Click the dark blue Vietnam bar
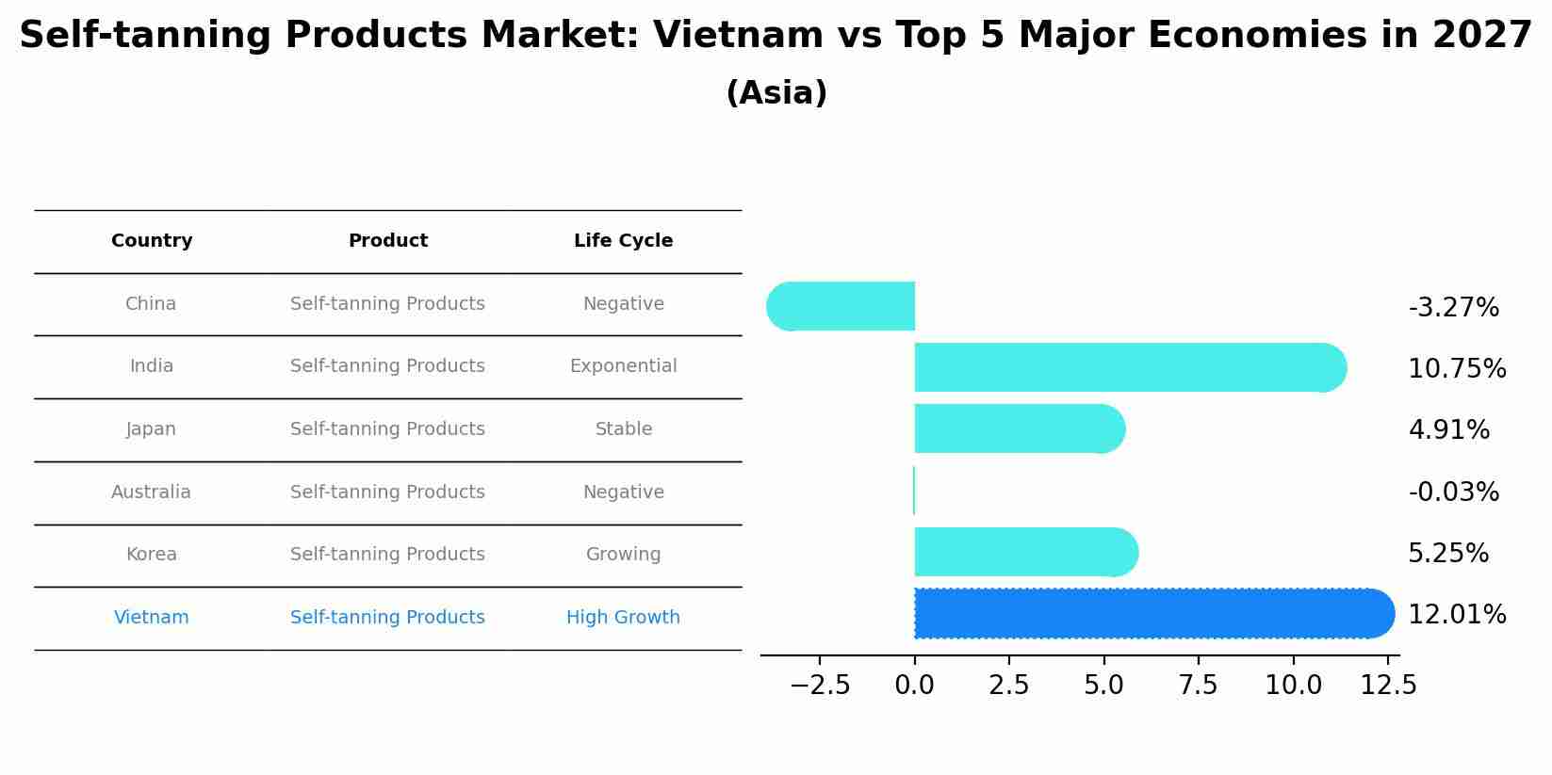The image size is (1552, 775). (x=1150, y=614)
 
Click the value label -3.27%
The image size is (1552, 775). (x=1453, y=308)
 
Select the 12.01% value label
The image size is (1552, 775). (x=1456, y=615)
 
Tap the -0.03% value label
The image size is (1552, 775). (x=1453, y=492)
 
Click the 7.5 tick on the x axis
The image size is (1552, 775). (x=1198, y=686)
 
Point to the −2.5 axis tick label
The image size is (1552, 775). (x=820, y=686)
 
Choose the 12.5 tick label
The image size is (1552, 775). (x=1387, y=686)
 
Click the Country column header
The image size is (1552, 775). (x=152, y=241)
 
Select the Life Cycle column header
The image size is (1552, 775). (x=623, y=241)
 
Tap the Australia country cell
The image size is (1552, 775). (x=151, y=492)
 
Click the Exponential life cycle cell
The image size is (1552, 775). (x=623, y=366)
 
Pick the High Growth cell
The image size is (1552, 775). (x=623, y=618)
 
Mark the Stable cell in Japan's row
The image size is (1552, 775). (x=623, y=429)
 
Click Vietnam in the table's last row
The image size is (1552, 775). (x=151, y=618)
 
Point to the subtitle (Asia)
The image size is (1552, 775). (x=776, y=93)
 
